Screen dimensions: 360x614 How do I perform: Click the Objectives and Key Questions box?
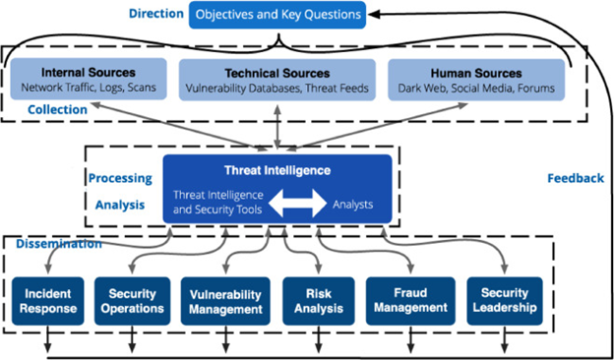coord(276,15)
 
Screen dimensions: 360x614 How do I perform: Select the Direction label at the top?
coord(155,14)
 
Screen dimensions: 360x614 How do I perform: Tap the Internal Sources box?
coord(89,80)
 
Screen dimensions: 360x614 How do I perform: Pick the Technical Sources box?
coord(276,80)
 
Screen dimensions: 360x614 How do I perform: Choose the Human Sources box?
coord(476,80)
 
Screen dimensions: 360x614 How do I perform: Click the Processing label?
coord(119,178)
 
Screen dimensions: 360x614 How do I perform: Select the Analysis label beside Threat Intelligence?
coord(117,206)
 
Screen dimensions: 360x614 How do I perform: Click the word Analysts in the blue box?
coord(352,205)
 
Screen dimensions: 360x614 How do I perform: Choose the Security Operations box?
coord(132,301)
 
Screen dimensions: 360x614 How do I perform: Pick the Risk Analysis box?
coord(312,301)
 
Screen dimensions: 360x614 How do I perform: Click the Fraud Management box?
coord(409,301)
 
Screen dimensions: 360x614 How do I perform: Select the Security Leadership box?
coord(505,301)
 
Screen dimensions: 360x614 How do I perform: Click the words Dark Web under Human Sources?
coord(423,89)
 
